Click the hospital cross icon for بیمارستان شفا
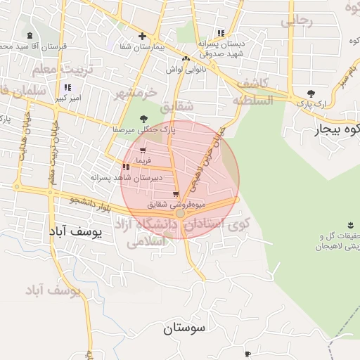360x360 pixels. [x=142, y=36]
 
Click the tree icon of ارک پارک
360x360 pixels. [x=311, y=94]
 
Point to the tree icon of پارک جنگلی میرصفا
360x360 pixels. [x=143, y=119]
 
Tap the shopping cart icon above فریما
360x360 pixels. [x=143, y=151]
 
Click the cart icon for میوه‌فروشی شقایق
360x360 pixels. [x=175, y=194]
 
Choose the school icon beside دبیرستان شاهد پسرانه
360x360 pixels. [x=126, y=167]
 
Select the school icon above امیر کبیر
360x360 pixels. [x=67, y=88]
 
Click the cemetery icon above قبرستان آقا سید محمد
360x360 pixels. [x=30, y=36]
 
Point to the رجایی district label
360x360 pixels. [x=296, y=22]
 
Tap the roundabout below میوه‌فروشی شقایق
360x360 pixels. [x=181, y=212]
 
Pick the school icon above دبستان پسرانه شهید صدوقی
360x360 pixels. [x=221, y=33]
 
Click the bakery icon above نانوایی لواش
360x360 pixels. [x=186, y=59]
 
